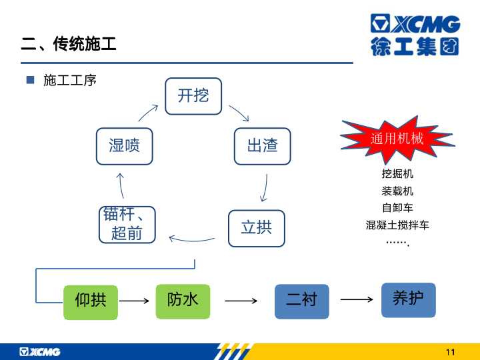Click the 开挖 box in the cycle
click(193, 96)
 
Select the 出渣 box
click(263, 146)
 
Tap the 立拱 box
click(257, 228)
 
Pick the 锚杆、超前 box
click(127, 225)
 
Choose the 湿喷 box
click(124, 146)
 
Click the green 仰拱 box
click(91, 302)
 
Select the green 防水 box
click(183, 301)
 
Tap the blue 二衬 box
click(302, 301)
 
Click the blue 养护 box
click(409, 300)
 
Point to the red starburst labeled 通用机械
click(397, 139)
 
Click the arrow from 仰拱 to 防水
click(134, 301)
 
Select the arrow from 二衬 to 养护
click(357, 299)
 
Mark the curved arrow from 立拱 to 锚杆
click(192, 240)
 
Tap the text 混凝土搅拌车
click(397, 225)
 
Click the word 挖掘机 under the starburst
click(397, 174)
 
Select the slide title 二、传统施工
click(69, 43)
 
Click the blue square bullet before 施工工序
click(30, 80)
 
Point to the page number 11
click(450, 352)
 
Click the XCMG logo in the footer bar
click(40, 352)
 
